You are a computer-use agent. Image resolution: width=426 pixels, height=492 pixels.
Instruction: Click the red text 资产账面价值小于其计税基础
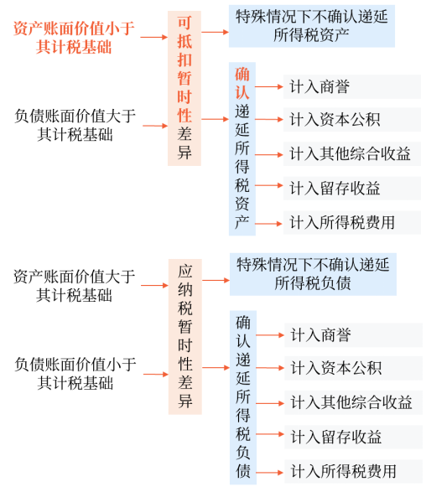(x=75, y=38)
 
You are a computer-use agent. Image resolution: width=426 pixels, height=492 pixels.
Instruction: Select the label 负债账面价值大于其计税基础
(x=75, y=125)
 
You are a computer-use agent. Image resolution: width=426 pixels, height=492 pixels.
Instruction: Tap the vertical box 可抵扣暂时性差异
(x=184, y=86)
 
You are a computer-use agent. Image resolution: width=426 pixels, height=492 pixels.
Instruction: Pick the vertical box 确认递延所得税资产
(x=242, y=148)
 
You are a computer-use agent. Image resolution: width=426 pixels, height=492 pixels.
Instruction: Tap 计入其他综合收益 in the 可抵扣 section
(x=350, y=153)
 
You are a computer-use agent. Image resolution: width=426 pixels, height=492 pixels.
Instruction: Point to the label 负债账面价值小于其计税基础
(x=75, y=373)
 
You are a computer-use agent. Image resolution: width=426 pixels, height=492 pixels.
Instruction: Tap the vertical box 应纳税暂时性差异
(x=184, y=338)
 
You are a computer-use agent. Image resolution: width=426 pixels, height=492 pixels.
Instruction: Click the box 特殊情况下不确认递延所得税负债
(x=313, y=274)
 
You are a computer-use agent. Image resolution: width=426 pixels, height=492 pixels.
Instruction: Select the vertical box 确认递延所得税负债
(x=243, y=396)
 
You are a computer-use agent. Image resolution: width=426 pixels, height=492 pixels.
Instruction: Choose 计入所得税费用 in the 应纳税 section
(x=343, y=471)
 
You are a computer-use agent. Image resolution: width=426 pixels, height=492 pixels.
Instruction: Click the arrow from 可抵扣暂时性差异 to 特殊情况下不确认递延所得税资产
(x=216, y=31)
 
